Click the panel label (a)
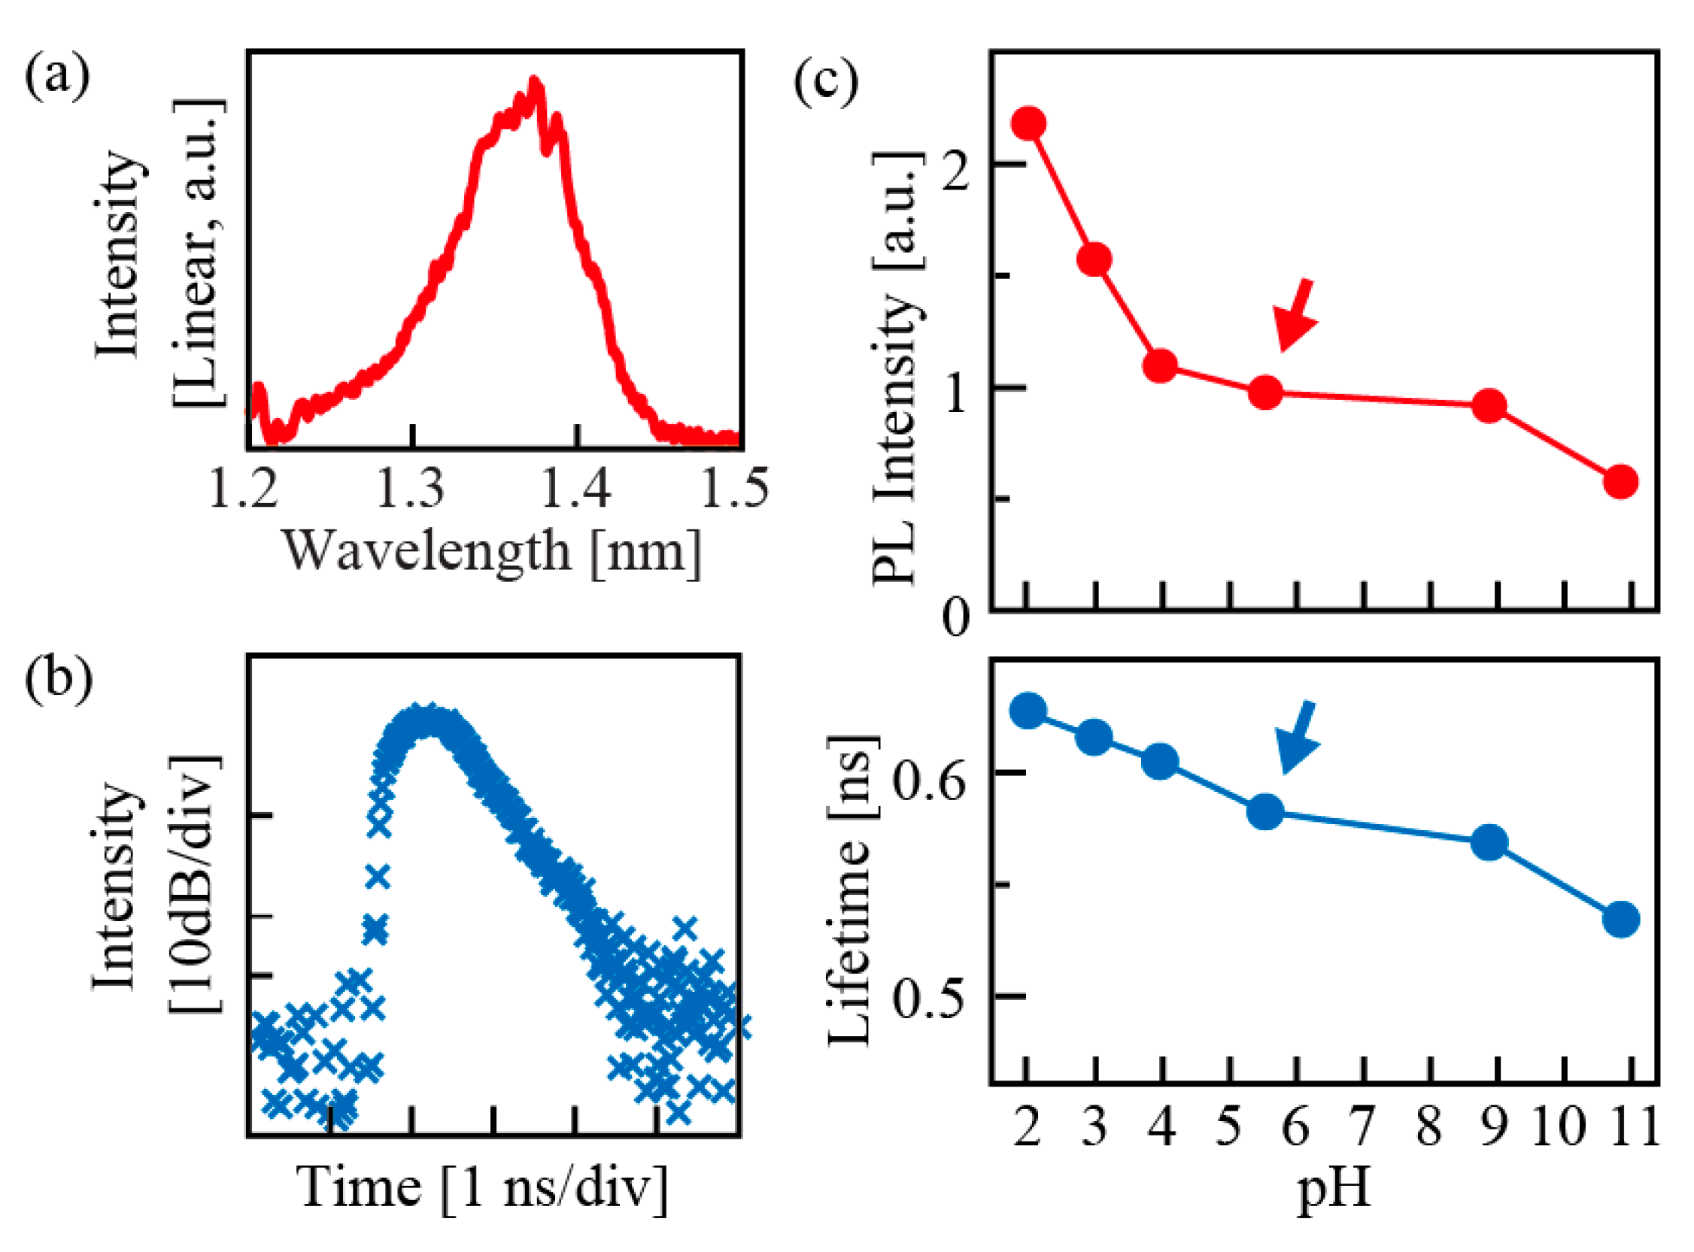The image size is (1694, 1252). point(57,77)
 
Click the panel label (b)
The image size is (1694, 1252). point(59,677)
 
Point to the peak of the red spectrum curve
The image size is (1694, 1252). point(534,81)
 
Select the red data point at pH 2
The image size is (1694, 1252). point(1028,123)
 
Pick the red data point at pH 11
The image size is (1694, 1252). point(1621,481)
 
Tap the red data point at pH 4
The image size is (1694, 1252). point(1161,367)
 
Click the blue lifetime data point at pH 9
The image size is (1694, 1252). point(1489,843)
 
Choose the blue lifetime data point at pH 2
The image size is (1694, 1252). point(1028,710)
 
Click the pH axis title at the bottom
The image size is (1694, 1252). point(1334,1189)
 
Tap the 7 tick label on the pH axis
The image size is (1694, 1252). point(1362,1127)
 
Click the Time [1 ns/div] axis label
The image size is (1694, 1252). point(483,1188)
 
